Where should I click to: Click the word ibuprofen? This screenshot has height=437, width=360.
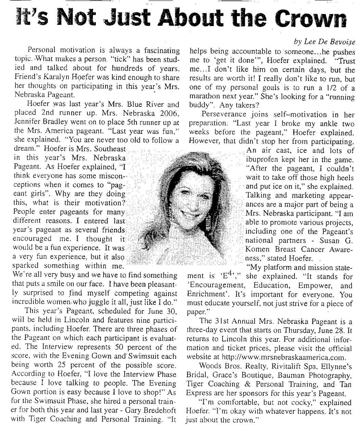point(263,160)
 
